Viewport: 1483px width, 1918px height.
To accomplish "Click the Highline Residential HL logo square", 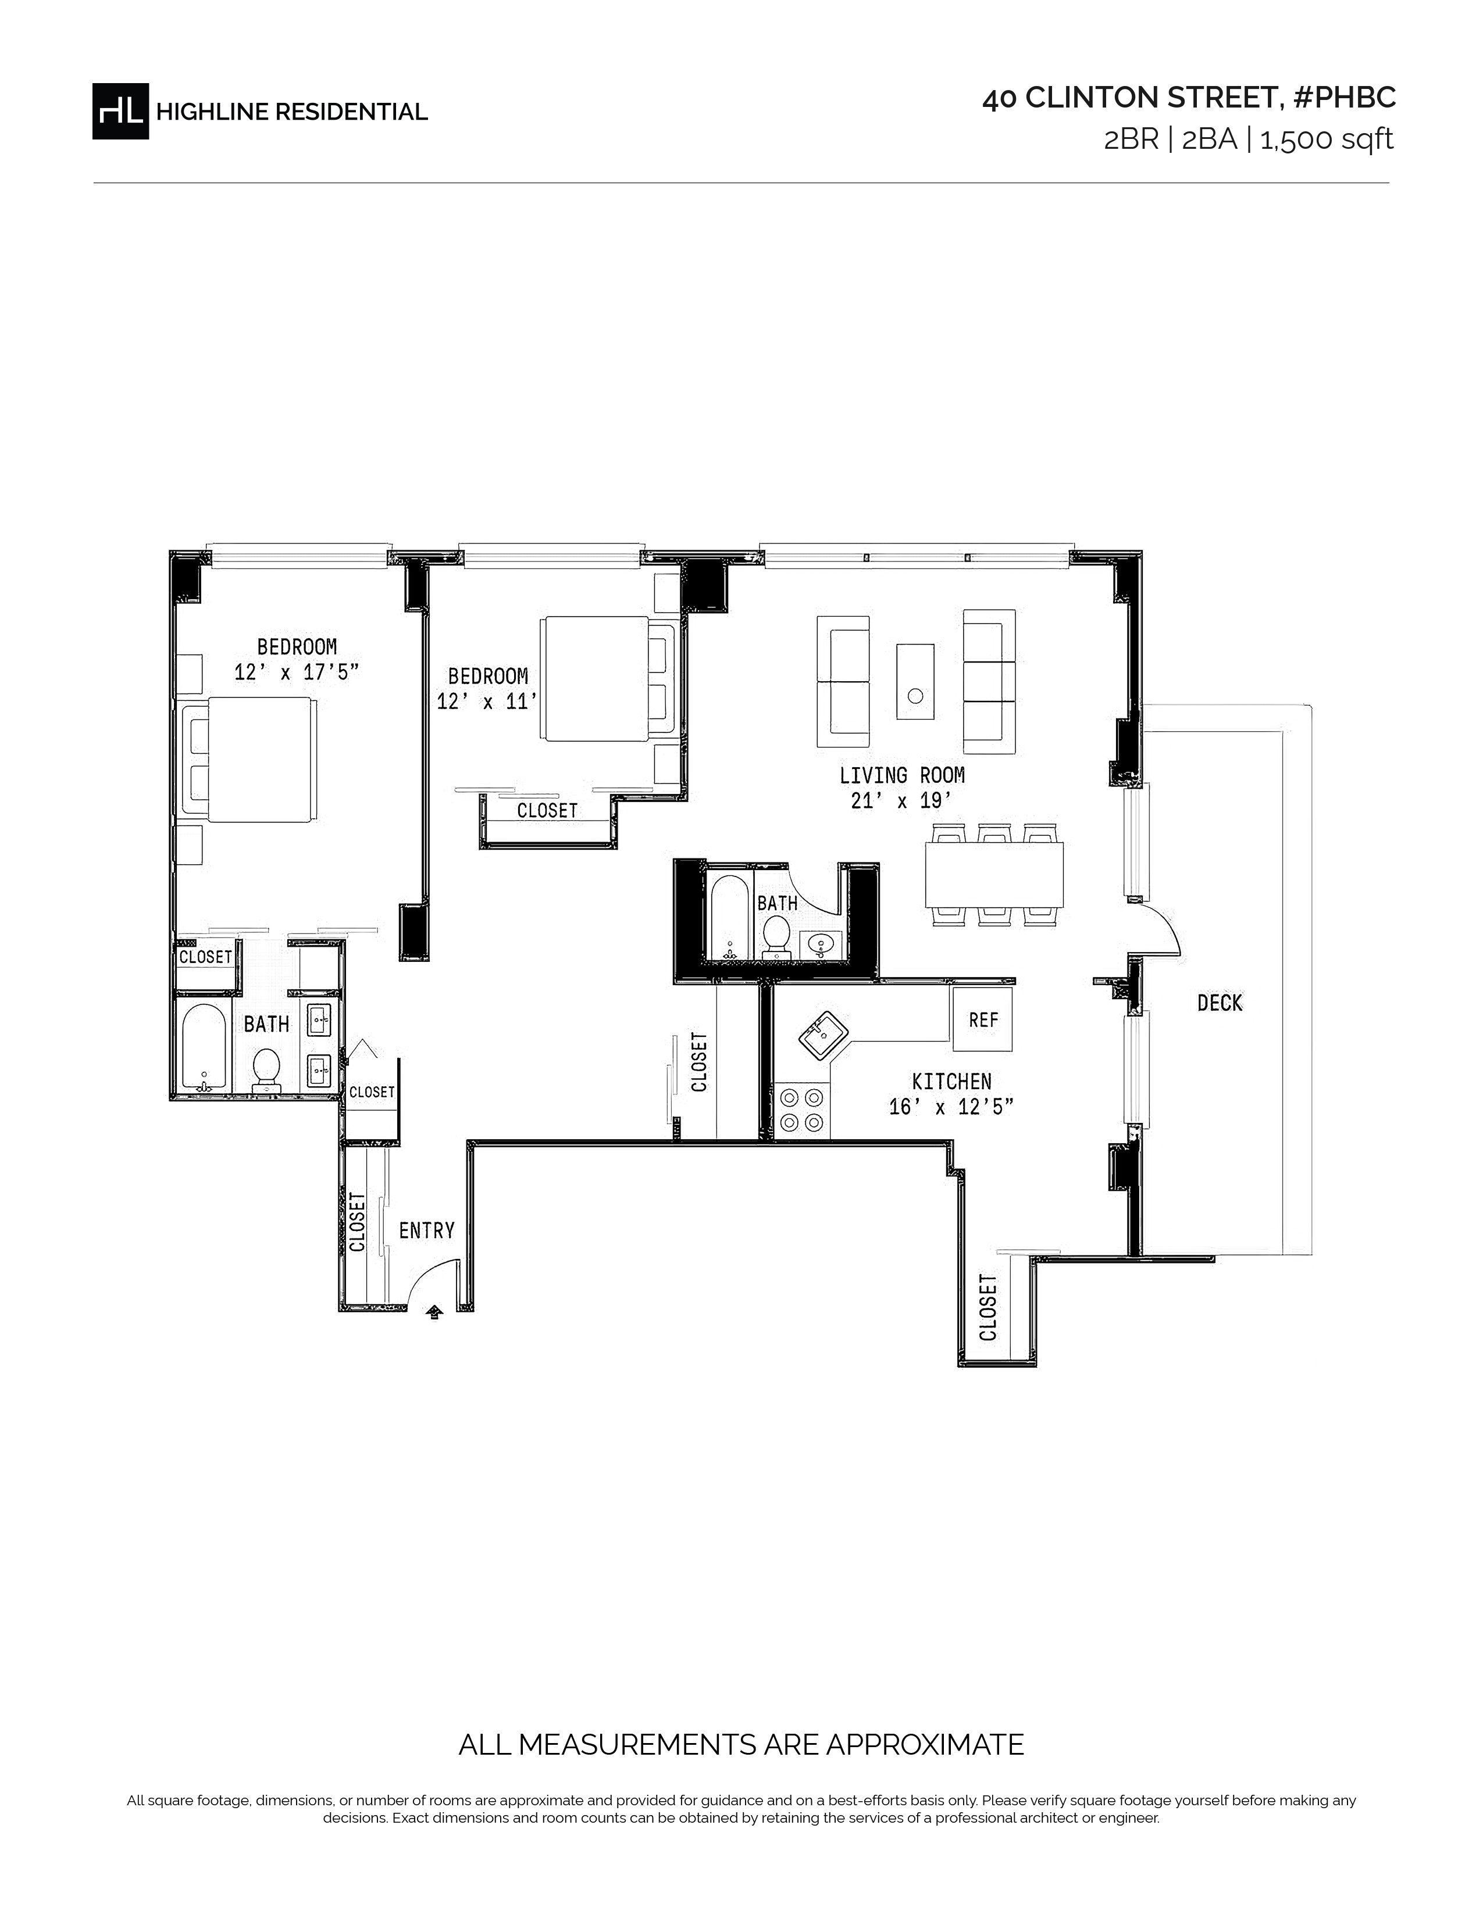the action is (x=120, y=110).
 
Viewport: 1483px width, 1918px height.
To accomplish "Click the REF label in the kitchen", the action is (x=983, y=1019).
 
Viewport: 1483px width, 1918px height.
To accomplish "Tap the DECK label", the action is (x=1220, y=1003).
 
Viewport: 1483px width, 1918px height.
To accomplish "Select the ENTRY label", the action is (x=426, y=1230).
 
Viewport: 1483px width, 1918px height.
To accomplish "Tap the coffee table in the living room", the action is (x=915, y=682).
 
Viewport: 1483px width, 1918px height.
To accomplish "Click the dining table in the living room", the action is (x=994, y=875).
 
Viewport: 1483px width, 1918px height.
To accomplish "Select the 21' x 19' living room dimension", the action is (x=902, y=801).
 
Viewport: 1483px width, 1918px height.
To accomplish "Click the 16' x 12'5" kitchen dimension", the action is (x=951, y=1107).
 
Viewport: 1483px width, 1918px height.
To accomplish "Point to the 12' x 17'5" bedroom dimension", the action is (x=297, y=672).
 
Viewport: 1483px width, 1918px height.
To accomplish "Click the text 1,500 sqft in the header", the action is (x=1327, y=139).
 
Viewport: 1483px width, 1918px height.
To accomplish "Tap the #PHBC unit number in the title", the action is (x=1344, y=98).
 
